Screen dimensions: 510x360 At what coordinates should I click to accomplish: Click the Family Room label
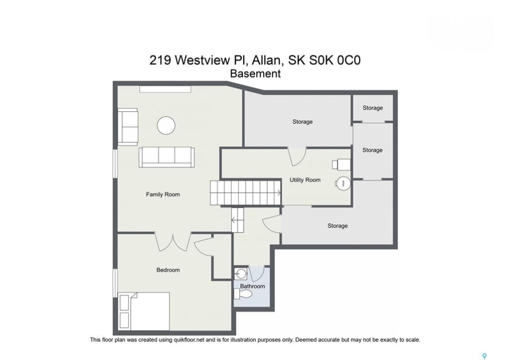pos(163,194)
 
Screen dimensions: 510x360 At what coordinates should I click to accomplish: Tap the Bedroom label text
pos(168,270)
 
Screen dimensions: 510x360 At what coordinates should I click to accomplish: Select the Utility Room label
pos(305,180)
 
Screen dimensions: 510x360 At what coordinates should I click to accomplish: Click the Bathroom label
pos(252,286)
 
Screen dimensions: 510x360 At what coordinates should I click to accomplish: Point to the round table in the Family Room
pos(166,125)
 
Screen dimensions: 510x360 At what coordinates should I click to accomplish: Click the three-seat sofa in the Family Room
pos(167,157)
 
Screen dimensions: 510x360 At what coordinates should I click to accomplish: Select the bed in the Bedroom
pos(144,311)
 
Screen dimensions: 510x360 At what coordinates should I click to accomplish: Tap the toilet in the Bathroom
pos(243,294)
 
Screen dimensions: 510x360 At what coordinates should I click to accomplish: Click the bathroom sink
pos(241,273)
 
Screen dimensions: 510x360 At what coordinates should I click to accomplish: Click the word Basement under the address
pos(255,73)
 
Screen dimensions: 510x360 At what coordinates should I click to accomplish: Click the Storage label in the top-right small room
pos(373,108)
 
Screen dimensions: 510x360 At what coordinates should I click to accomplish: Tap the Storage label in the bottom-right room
pos(338,226)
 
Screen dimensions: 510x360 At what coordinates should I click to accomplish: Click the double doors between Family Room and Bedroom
pos(173,242)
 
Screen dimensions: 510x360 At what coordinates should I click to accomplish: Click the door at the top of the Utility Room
pos(297,156)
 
